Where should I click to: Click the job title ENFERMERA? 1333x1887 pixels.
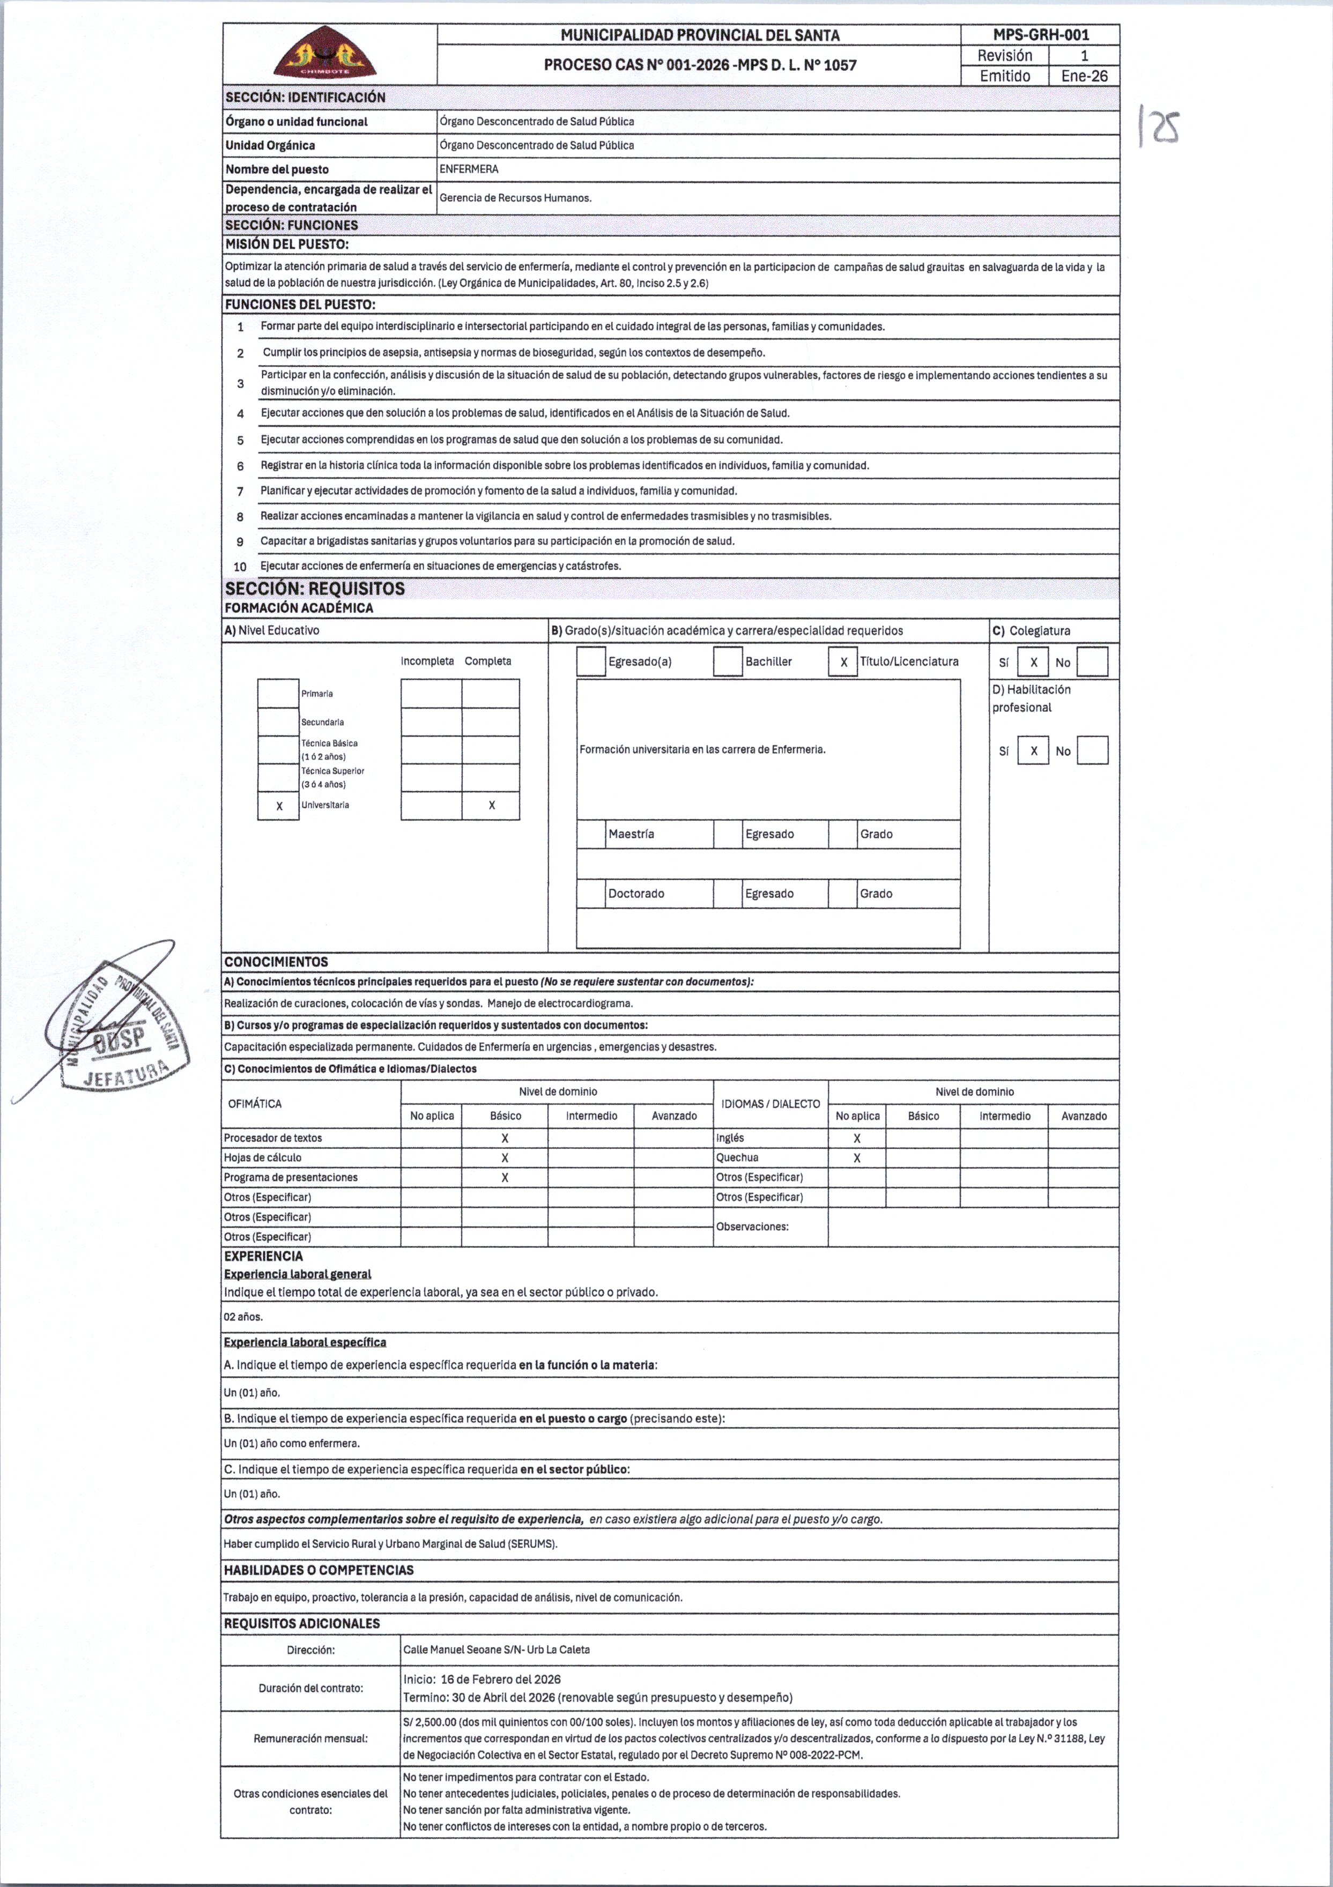coord(469,169)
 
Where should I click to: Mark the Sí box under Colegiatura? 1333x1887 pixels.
coord(1033,663)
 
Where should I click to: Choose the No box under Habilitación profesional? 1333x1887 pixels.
coord(1092,751)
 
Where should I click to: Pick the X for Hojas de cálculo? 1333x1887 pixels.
coord(505,1158)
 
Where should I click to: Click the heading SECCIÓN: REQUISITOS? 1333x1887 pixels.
coord(315,589)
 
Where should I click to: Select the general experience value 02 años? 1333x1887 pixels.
coord(243,1317)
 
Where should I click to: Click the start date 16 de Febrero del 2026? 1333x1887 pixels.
coord(500,1679)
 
